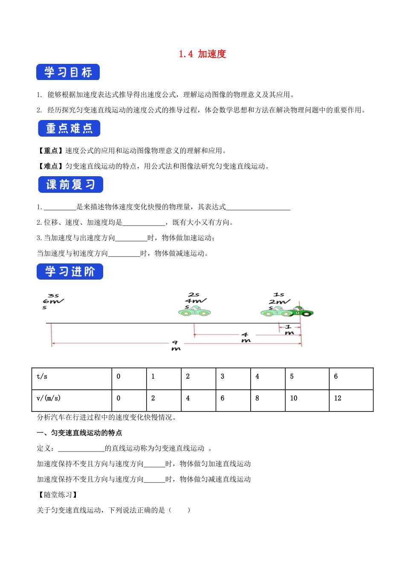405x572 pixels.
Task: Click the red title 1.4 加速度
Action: (x=202, y=54)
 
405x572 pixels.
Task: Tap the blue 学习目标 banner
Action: (x=68, y=72)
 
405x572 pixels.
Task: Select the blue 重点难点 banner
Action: (x=69, y=129)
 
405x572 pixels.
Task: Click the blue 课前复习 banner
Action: (x=71, y=185)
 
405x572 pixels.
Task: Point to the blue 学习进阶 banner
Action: (x=70, y=272)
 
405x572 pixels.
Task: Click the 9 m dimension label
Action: (x=176, y=346)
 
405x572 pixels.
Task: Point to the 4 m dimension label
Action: (x=246, y=337)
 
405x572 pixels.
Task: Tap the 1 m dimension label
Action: (x=289, y=330)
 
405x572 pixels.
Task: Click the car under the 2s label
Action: (x=194, y=312)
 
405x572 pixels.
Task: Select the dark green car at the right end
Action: (x=304, y=312)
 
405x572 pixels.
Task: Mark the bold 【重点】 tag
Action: (x=51, y=151)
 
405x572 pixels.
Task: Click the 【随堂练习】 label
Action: (x=58, y=495)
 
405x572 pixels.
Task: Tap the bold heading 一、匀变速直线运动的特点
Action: (x=79, y=433)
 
